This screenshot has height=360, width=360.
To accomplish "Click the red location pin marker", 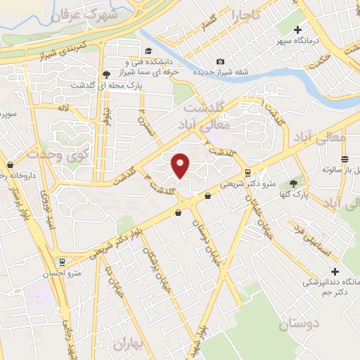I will pyautogui.click(x=181, y=165).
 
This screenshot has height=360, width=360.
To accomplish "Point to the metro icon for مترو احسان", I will pyautogui.click(x=63, y=262).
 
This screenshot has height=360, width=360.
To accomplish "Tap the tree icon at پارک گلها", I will pyautogui.click(x=292, y=182).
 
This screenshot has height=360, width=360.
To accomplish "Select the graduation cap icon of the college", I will pyautogui.click(x=149, y=51).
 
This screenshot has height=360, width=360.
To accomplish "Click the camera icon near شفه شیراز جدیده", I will pyautogui.click(x=220, y=63).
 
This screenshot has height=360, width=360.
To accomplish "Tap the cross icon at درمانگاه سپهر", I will pyautogui.click(x=298, y=30).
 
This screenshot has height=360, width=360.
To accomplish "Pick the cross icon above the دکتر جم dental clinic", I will pyautogui.click(x=335, y=271).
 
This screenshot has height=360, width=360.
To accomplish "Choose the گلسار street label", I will pyautogui.click(x=212, y=25).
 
